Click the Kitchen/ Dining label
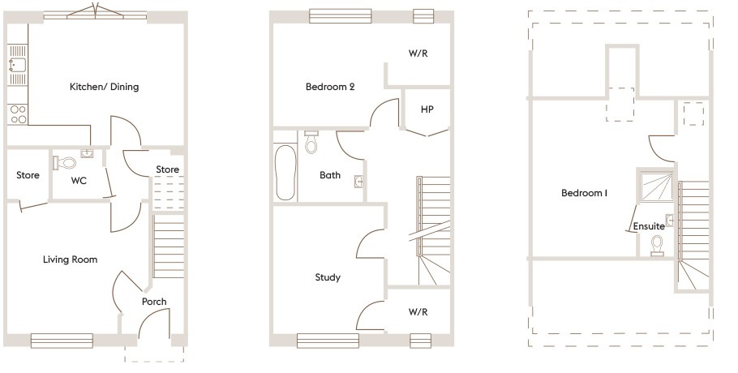(x=104, y=87)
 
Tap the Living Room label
(x=70, y=259)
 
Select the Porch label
(x=154, y=302)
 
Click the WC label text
(x=79, y=181)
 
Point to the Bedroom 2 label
(x=330, y=87)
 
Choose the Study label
(x=328, y=277)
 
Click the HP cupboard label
(x=427, y=109)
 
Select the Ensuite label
(x=649, y=226)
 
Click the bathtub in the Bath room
(x=285, y=173)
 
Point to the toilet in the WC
(x=65, y=163)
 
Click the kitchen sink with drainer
(x=17, y=64)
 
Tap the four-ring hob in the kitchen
(x=18, y=114)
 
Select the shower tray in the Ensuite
(x=657, y=186)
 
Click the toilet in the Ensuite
(x=657, y=246)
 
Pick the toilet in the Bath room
(x=311, y=142)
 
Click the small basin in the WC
(x=88, y=153)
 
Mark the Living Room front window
(x=62, y=341)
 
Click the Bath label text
(x=330, y=175)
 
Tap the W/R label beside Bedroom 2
(x=418, y=54)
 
